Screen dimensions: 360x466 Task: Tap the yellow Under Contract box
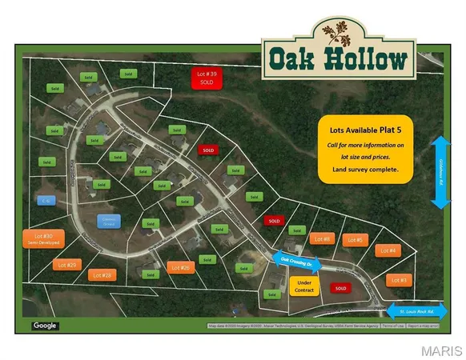tap(303, 286)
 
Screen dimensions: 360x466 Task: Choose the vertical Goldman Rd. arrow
tap(439, 173)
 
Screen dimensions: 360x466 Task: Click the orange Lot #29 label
tap(66, 265)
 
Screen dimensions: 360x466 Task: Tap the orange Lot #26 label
tap(180, 268)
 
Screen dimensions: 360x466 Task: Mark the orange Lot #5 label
tap(355, 240)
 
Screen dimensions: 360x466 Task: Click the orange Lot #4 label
tap(388, 251)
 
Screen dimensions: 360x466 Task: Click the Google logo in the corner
tap(45, 326)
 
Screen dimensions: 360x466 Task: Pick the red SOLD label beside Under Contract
tap(340, 288)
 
